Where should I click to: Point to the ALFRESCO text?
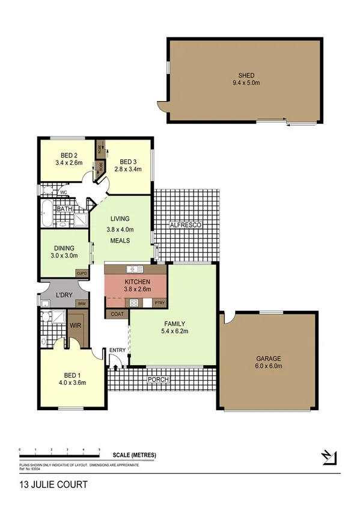click(186, 224)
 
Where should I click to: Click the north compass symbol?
click(328, 457)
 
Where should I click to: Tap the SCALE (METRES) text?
click(135, 456)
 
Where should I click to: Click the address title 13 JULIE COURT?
click(45, 484)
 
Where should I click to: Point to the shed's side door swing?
click(161, 107)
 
